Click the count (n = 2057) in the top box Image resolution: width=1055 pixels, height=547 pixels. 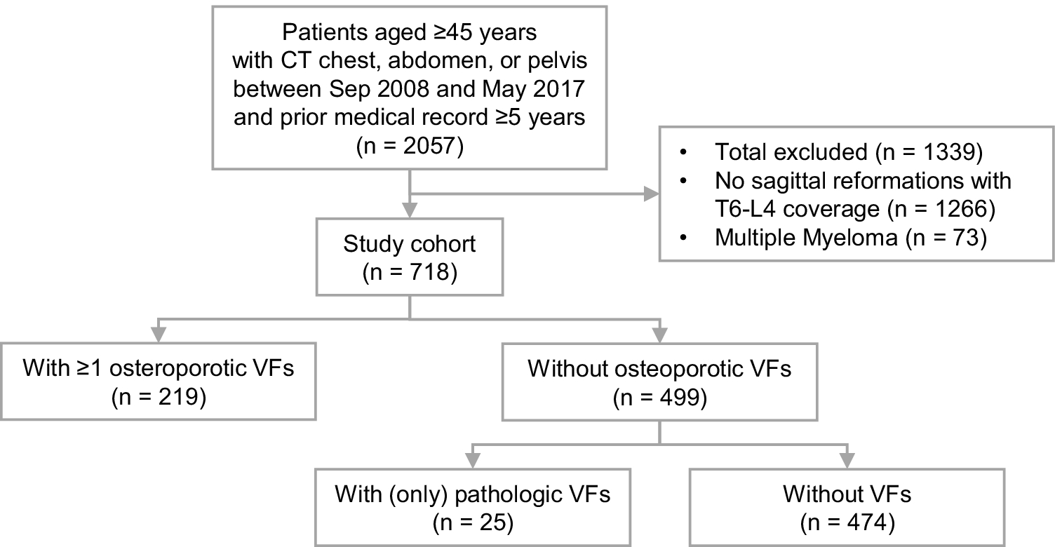point(410,147)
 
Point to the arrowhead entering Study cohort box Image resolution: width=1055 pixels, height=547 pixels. point(410,210)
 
